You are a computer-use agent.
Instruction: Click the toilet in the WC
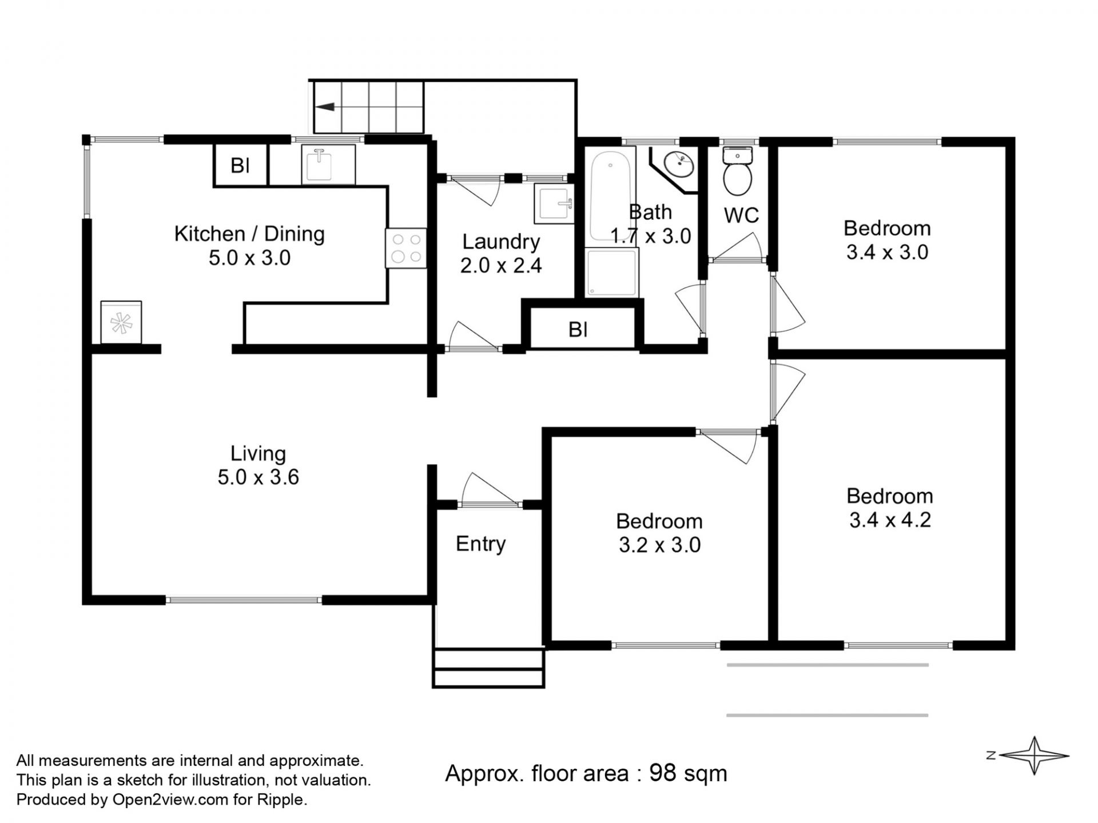(738, 171)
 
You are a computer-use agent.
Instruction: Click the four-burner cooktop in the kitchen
(406, 248)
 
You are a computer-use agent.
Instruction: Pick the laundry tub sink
(554, 203)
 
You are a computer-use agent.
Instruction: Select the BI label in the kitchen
(240, 166)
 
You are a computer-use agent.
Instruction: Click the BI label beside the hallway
(578, 330)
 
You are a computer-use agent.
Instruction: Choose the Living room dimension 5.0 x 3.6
(258, 477)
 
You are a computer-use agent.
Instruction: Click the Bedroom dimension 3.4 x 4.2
(890, 520)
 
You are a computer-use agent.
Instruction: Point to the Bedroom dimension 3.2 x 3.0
(660, 545)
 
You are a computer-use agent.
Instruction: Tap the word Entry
(481, 544)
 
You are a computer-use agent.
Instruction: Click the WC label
(742, 215)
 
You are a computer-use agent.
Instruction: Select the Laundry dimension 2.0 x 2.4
(501, 266)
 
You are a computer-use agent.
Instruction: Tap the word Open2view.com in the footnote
(170, 800)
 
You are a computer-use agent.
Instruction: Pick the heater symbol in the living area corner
(121, 323)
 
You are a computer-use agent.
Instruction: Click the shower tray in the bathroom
(611, 273)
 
